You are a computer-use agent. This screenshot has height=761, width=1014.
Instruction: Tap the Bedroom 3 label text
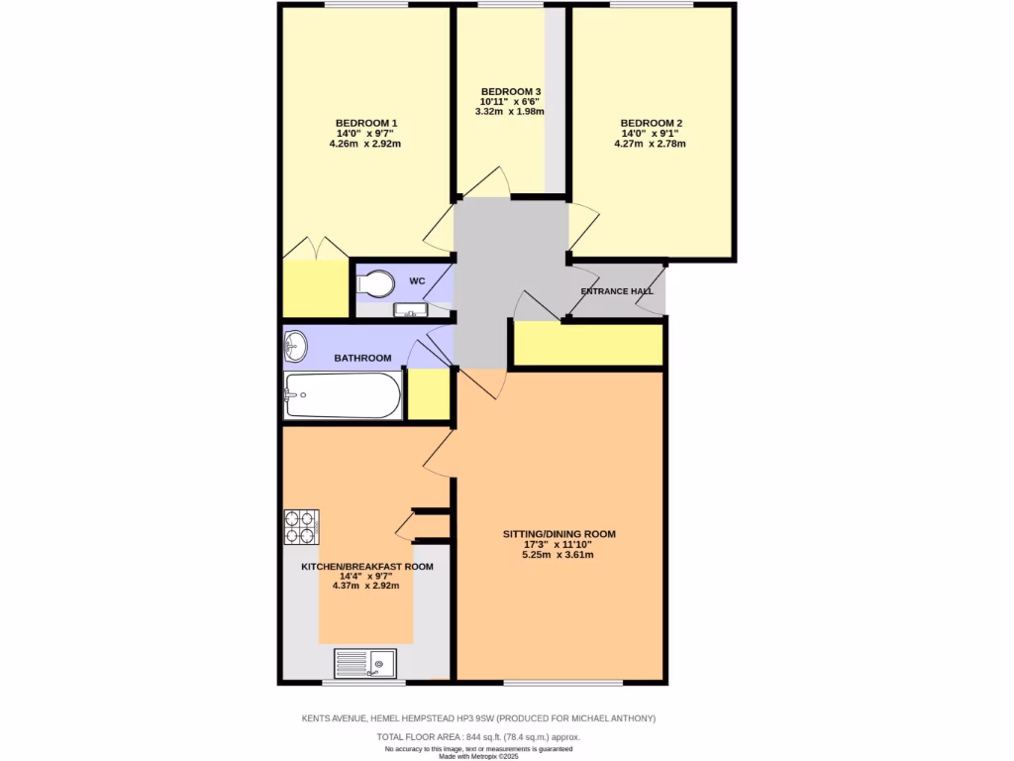(x=510, y=92)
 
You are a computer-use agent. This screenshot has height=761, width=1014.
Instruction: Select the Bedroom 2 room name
(x=650, y=123)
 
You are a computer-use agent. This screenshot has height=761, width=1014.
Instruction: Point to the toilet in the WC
(x=374, y=284)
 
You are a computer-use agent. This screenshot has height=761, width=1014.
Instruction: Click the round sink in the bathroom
(x=295, y=347)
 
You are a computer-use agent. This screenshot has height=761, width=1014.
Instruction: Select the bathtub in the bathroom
(x=343, y=396)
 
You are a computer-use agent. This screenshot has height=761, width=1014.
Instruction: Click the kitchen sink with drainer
(x=364, y=663)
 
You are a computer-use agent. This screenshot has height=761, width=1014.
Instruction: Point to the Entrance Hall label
(x=615, y=290)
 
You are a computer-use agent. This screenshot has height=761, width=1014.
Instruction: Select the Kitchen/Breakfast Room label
(x=367, y=567)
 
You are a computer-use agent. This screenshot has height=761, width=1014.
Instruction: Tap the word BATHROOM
(x=361, y=358)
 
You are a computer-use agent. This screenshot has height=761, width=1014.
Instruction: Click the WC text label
(x=417, y=281)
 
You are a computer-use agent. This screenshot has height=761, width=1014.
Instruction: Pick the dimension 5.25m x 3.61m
(x=558, y=555)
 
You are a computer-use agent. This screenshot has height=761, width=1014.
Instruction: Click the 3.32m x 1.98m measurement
(x=510, y=112)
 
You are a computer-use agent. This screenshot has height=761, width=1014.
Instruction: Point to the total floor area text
(x=478, y=737)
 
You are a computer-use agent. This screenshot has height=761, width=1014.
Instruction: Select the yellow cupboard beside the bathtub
(x=427, y=394)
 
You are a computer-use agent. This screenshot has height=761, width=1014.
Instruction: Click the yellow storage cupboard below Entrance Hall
(x=586, y=343)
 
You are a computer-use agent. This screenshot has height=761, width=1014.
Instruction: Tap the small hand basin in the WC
(x=410, y=311)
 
